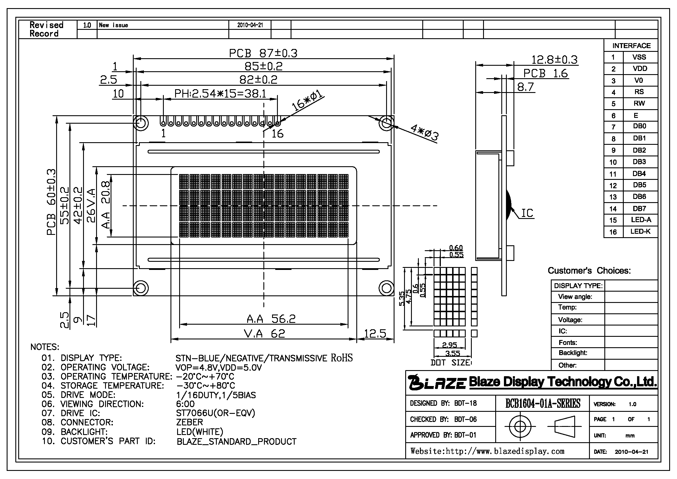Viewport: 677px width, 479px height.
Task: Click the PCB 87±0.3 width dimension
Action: (263, 53)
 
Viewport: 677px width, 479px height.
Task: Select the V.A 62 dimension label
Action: (265, 334)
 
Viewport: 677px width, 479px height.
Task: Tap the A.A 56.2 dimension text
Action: (271, 319)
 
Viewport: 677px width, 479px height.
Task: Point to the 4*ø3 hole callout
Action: (425, 132)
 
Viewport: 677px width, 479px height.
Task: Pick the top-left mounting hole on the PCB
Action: (141, 123)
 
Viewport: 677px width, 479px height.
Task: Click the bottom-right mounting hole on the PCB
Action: (386, 288)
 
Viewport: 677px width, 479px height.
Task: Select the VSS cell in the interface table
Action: (639, 57)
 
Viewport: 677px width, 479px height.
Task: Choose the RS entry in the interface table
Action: (639, 92)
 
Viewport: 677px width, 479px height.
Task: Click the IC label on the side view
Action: (527, 213)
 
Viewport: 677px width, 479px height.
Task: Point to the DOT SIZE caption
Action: (451, 363)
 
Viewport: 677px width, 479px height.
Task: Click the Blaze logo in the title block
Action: (437, 383)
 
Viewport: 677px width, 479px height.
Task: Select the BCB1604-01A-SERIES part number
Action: (542, 403)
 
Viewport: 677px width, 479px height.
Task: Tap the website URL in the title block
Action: (487, 451)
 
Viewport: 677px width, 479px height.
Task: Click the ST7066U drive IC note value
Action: (216, 413)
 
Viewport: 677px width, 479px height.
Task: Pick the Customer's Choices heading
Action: (589, 270)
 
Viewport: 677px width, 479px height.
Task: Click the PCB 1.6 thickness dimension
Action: (545, 73)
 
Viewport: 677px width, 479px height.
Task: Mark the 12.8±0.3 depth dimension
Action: (554, 60)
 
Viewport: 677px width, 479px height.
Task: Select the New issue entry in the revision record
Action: (113, 25)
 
